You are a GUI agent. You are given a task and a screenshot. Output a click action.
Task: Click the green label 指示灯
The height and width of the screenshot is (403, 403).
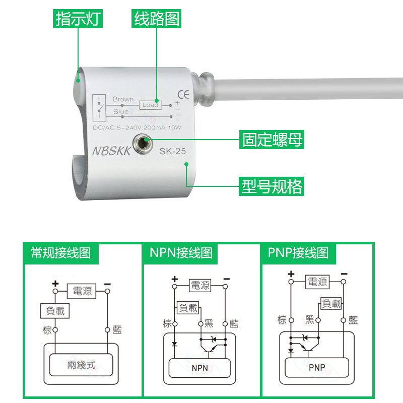tap(78, 19)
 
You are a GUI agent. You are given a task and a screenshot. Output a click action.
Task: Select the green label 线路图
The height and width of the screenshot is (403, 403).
tap(156, 19)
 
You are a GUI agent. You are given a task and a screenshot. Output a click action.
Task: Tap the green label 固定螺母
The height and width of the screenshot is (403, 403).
tap(273, 139)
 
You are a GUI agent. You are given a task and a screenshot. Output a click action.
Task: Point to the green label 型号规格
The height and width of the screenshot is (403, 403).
tap(272, 186)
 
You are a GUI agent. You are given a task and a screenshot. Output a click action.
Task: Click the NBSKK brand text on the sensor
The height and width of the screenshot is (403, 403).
tap(111, 151)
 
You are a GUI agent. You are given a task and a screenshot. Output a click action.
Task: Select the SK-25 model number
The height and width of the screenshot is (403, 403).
tap(173, 151)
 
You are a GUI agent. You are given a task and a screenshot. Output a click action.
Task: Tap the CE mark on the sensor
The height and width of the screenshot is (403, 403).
tap(183, 94)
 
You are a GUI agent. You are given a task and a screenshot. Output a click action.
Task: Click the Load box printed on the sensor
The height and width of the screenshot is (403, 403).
tap(150, 105)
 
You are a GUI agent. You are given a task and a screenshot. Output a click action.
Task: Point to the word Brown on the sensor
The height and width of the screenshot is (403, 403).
tap(123, 99)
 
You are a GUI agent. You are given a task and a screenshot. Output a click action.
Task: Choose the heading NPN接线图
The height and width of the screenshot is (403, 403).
tap(181, 252)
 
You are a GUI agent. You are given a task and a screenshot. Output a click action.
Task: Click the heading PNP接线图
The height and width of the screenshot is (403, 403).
tap(298, 252)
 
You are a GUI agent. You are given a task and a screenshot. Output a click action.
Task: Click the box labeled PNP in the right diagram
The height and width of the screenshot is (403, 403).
tap(317, 367)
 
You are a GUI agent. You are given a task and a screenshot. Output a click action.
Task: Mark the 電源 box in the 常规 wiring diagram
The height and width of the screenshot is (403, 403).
tap(81, 290)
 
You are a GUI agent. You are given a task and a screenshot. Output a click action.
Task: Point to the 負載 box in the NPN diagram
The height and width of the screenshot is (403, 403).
tap(188, 307)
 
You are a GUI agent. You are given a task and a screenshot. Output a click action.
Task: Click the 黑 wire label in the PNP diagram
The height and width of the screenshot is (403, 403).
tap(310, 319)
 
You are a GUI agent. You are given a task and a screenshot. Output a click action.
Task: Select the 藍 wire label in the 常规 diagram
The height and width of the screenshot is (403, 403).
tap(117, 330)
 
